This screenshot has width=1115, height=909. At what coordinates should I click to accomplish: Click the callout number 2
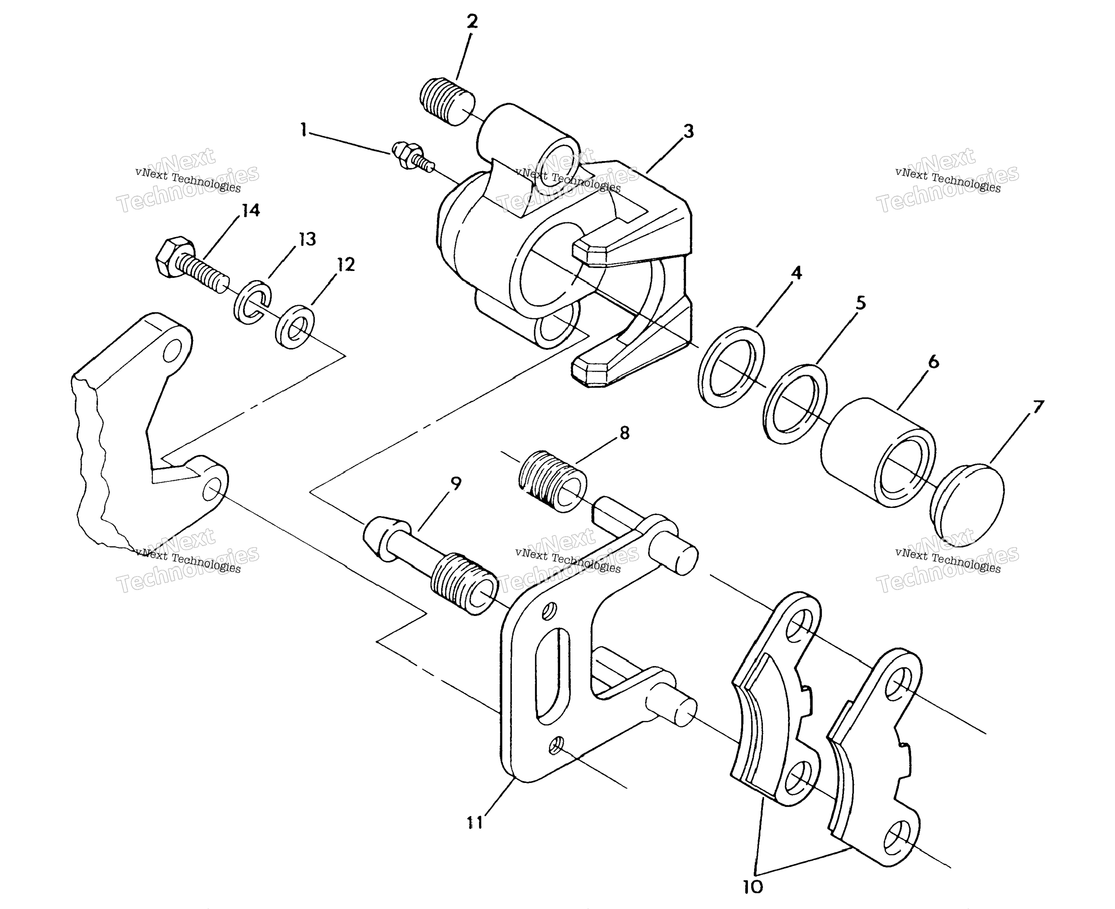(472, 22)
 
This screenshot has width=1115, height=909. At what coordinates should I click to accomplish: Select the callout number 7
(1038, 407)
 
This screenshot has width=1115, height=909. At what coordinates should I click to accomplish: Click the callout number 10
(753, 887)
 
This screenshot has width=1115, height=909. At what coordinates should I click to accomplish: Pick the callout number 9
(456, 483)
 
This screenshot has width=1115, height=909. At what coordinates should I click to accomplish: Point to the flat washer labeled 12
(295, 326)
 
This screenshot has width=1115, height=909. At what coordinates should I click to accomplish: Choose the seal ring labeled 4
(731, 367)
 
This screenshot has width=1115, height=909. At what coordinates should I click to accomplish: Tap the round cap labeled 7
(967, 501)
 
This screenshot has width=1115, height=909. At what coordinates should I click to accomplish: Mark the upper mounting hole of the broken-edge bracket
(172, 350)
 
